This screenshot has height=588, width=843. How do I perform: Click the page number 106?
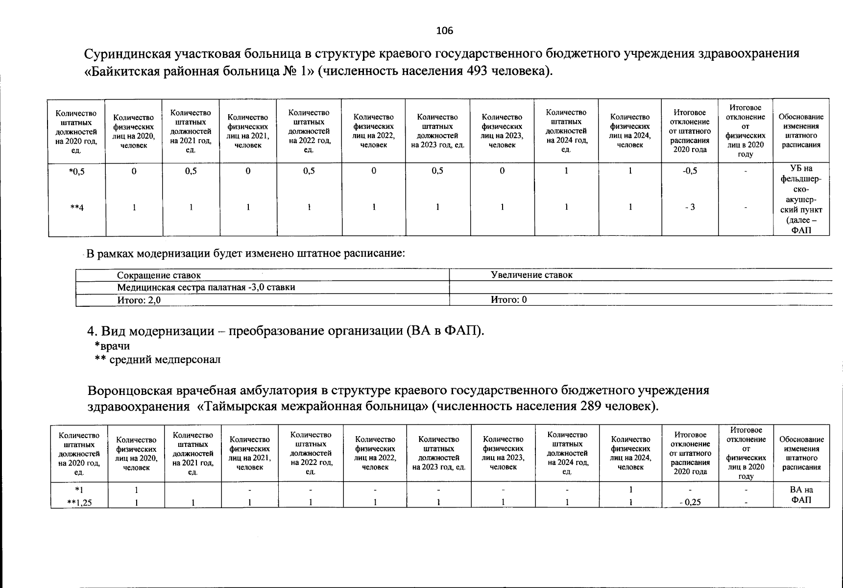tap(444, 31)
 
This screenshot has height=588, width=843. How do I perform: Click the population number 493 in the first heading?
tap(475, 71)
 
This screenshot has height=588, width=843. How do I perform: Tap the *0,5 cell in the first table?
tap(76, 171)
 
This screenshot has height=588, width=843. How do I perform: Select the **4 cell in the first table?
tap(76, 207)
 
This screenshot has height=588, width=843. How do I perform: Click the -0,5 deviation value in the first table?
tap(690, 171)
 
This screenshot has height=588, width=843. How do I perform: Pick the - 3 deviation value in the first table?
tap(690, 207)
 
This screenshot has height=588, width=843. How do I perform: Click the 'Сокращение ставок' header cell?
tap(159, 275)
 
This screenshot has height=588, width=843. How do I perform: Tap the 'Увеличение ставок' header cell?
tap(531, 275)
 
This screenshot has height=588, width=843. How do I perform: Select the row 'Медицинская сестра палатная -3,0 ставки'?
tap(206, 287)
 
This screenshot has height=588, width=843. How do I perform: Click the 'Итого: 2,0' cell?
tap(139, 300)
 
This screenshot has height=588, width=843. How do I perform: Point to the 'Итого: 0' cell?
tap(508, 300)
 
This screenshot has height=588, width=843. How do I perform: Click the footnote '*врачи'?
tap(112, 346)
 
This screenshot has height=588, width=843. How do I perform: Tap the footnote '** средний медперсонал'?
tap(157, 360)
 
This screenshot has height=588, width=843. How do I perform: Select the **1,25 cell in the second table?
tap(79, 502)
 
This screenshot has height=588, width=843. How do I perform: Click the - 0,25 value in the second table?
tap(690, 502)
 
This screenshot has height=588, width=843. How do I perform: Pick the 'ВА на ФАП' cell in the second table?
tap(801, 495)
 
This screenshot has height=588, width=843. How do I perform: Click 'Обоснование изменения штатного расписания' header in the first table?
tap(801, 131)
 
